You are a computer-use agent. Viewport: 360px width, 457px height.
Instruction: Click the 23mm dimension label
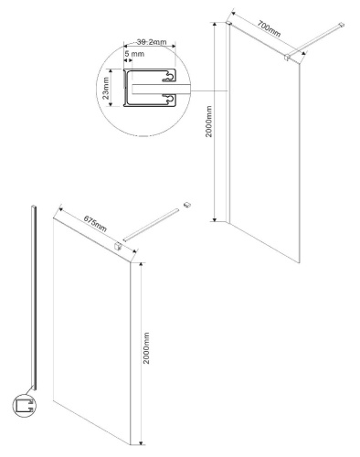tap(107, 89)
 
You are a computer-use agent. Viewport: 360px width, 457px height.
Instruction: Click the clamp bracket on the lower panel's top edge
tap(118, 245)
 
